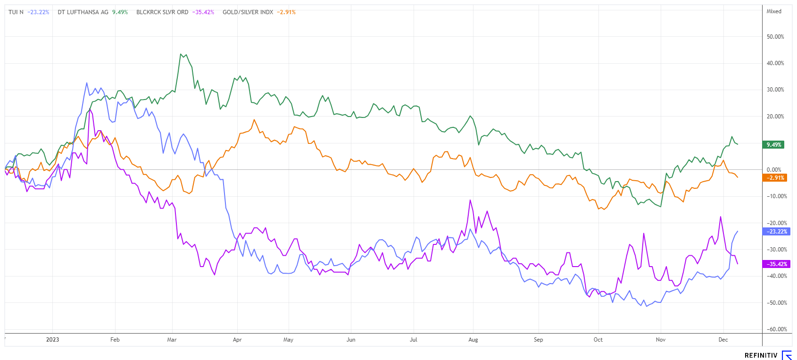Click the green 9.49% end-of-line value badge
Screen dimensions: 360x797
773,145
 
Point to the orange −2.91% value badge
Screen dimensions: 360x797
773,178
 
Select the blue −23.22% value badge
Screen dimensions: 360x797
773,232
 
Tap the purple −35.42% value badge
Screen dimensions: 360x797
773,264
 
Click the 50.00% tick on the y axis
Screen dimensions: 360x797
775,37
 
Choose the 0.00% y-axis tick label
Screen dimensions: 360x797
774,170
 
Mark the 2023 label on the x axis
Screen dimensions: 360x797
52,340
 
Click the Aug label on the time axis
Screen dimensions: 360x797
473,340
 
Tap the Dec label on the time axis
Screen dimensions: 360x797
723,340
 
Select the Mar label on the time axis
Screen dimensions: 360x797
172,340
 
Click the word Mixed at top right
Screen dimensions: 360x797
774,11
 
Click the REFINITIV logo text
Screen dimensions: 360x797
761,355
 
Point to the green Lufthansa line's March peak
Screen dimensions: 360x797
181,54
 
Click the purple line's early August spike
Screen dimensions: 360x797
470,201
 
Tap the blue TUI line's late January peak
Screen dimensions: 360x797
87,83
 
